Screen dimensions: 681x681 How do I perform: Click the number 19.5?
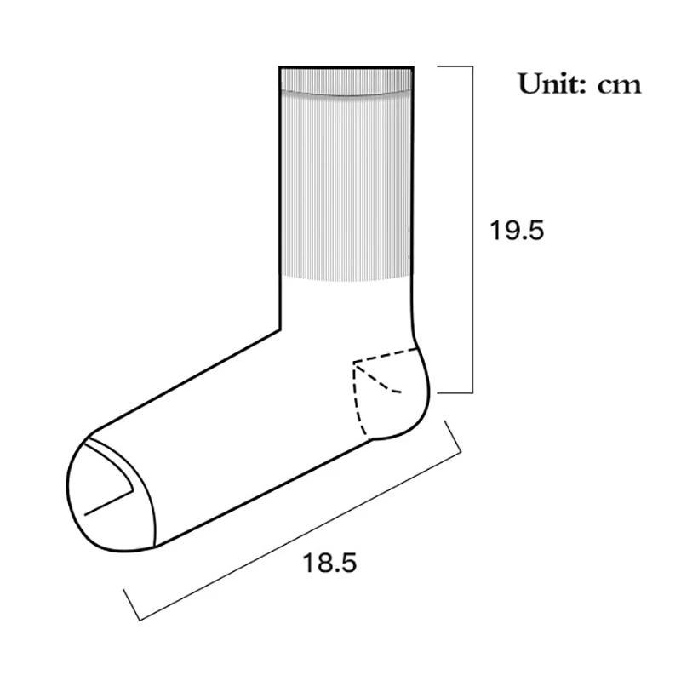pos(516,231)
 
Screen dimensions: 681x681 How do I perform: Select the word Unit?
pos(552,83)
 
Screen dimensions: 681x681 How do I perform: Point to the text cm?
pos(619,85)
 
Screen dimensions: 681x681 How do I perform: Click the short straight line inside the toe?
pos(108,501)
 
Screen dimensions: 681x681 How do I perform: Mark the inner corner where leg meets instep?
pos(280,328)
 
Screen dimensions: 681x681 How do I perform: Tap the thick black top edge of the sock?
pos(346,66)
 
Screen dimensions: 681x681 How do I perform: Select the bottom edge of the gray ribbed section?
pos(346,278)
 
